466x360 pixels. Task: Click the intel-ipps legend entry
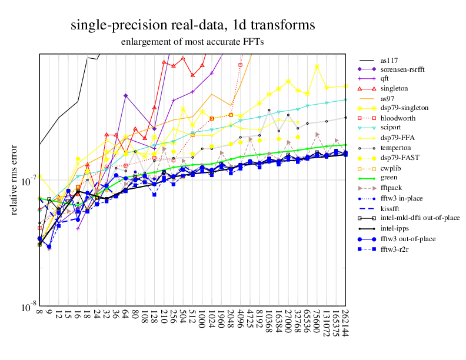pos(394,228)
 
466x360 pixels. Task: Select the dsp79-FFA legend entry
pos(396,138)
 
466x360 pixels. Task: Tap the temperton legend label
pos(395,148)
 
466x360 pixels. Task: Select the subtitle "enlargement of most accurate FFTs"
pos(192,42)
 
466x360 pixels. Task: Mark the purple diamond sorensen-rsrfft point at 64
pos(126,95)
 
